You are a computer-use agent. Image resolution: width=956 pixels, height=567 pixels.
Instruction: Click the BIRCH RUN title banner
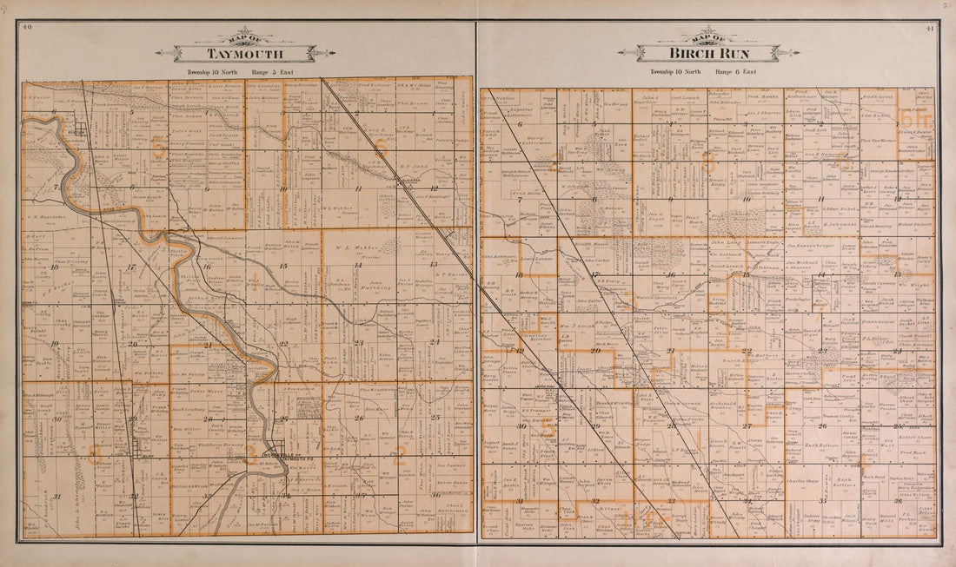708,54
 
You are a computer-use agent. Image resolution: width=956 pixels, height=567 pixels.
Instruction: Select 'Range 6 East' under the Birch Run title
736,72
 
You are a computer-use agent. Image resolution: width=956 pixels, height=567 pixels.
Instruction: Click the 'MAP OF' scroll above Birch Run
708,37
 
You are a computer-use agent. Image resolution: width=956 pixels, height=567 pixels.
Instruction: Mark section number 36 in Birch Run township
898,501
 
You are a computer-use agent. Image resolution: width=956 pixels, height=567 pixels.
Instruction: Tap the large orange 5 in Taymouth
157,148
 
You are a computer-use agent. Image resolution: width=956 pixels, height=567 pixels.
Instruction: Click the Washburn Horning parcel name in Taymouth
205,445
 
